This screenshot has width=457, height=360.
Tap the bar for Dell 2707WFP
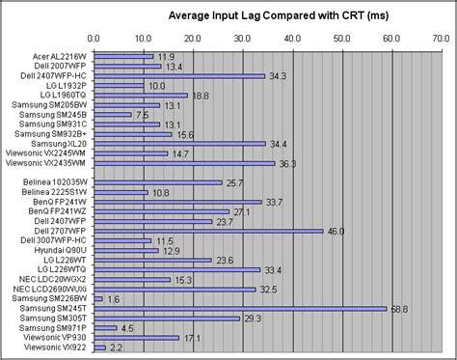(x=206, y=231)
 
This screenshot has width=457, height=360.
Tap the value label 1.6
(x=113, y=299)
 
